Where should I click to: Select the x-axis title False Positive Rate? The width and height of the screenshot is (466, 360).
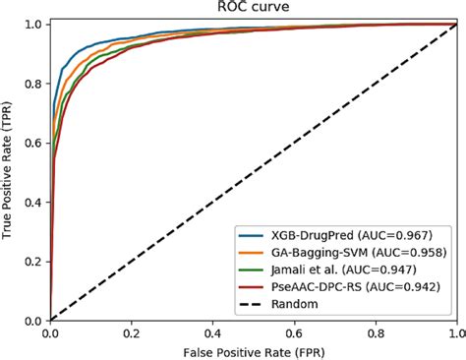pyautogui.click(x=254, y=350)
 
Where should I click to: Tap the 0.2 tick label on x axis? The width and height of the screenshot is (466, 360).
pyautogui.click(x=132, y=331)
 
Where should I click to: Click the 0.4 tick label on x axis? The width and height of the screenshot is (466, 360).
pyautogui.click(x=213, y=331)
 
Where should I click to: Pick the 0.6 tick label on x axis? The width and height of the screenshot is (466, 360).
pyautogui.click(x=295, y=331)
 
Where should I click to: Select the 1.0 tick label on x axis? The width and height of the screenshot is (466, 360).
pyautogui.click(x=455, y=331)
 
